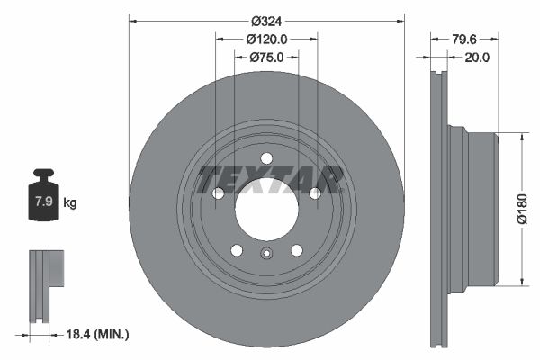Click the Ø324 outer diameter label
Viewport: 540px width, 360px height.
(266, 20)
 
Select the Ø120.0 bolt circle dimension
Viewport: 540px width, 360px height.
(266, 39)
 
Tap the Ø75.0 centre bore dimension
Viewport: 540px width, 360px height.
(266, 57)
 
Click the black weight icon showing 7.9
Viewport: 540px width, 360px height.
(43, 194)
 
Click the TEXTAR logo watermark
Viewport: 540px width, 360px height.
(270, 179)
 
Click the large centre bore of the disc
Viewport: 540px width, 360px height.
(266, 210)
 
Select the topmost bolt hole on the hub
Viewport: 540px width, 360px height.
(266, 158)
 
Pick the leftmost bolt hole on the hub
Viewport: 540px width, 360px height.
(217, 193)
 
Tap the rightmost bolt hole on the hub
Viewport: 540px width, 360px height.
(315, 193)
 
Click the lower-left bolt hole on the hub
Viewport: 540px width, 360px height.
(236, 251)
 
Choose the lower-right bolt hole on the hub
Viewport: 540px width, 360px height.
(296, 251)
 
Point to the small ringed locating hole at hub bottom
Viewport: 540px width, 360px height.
(266, 253)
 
